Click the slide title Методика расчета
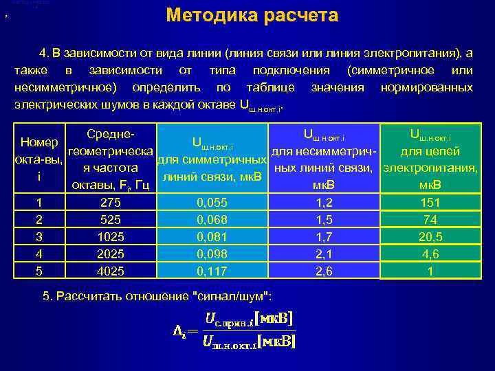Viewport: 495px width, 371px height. click(x=252, y=15)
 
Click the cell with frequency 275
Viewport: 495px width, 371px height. click(x=111, y=203)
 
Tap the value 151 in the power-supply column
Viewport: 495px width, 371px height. click(x=430, y=203)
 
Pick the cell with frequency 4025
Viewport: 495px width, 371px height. click(x=111, y=271)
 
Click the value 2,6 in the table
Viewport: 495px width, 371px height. click(x=323, y=271)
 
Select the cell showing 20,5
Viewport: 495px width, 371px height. click(x=430, y=237)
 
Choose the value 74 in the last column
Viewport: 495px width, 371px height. click(x=430, y=220)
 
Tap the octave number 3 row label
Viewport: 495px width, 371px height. click(x=39, y=237)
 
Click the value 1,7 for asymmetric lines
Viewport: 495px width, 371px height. click(x=323, y=237)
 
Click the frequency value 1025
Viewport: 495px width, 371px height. click(x=111, y=237)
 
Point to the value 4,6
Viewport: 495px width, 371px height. click(x=430, y=254)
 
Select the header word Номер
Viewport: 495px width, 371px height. click(x=39, y=142)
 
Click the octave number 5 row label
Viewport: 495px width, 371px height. click(x=39, y=271)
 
